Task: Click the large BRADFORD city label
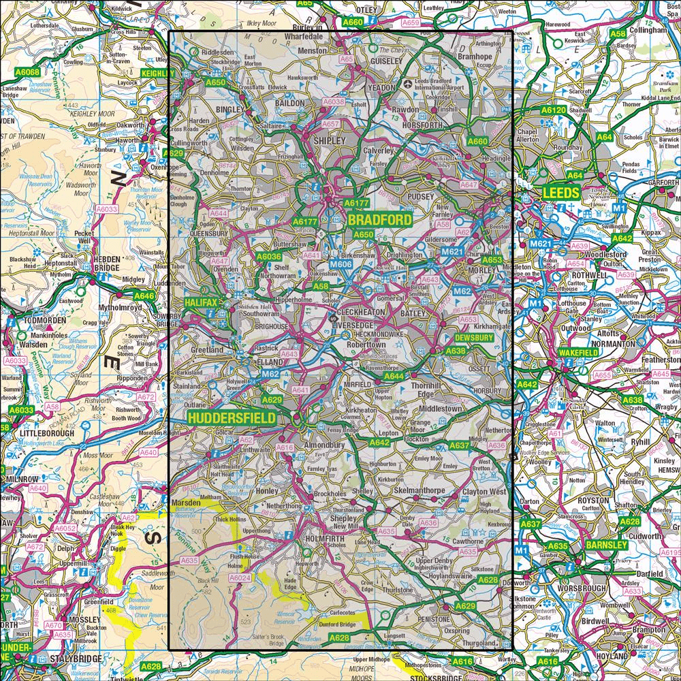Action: (x=381, y=220)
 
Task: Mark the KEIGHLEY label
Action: (x=158, y=73)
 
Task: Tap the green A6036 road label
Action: (x=268, y=256)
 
